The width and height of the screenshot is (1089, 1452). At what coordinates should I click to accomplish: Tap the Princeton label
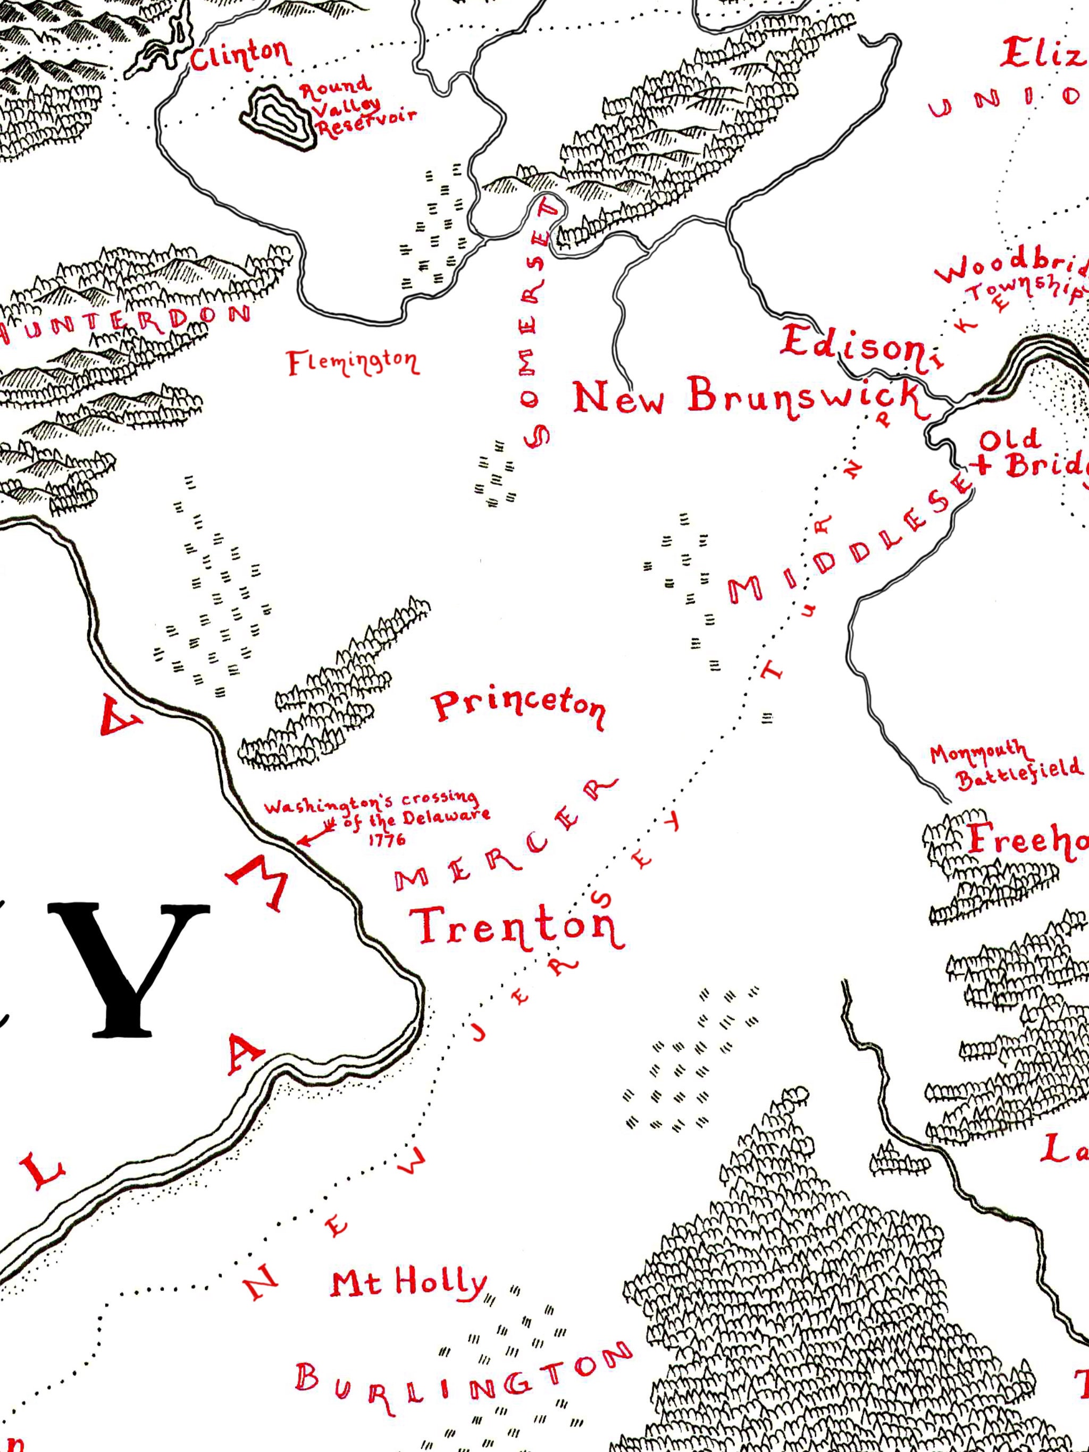(x=517, y=707)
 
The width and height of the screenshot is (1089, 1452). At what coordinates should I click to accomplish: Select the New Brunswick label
(x=749, y=397)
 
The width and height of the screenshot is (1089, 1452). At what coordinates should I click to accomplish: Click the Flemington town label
(x=353, y=362)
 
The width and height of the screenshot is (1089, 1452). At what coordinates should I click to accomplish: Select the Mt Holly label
(x=408, y=1284)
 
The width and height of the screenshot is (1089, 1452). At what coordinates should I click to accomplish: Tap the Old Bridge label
(x=1031, y=453)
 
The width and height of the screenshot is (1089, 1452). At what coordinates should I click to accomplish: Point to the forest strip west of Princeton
(x=335, y=689)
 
